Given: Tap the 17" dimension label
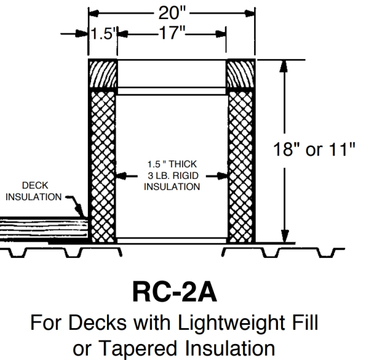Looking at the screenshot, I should tap(172, 33).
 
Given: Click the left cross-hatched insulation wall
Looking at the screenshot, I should tap(103, 166).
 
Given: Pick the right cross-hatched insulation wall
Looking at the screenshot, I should tap(240, 166).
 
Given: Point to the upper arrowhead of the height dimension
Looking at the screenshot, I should tap(284, 66).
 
